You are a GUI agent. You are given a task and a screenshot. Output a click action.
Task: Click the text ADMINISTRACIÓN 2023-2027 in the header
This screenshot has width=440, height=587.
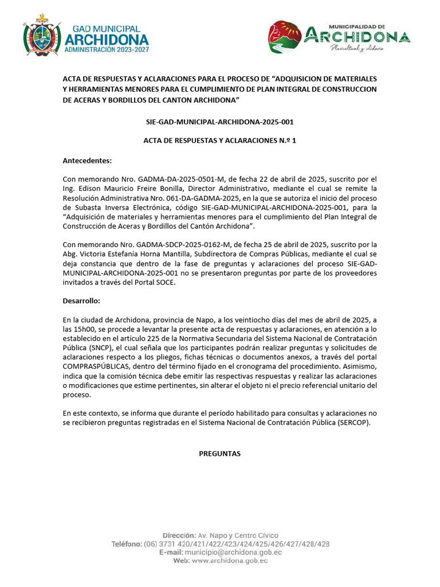pyautogui.click(x=107, y=50)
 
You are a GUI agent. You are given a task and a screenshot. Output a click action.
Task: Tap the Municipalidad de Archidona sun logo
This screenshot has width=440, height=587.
pyautogui.click(x=285, y=36)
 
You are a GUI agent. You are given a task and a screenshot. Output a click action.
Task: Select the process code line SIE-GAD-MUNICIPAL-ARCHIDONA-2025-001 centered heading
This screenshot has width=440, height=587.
pyautogui.click(x=220, y=122)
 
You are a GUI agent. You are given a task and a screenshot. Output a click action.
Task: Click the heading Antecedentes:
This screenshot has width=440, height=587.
pyautogui.click(x=87, y=161)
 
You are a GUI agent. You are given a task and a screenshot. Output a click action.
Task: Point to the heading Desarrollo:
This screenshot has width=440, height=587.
pyautogui.click(x=81, y=300)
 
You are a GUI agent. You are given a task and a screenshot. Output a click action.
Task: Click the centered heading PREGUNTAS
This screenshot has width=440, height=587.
pyautogui.click(x=219, y=453)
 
